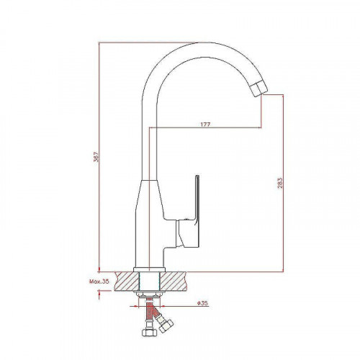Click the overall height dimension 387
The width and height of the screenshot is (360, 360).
point(96,157)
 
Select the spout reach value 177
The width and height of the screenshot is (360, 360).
point(205,125)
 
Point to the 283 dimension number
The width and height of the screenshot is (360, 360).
point(280,183)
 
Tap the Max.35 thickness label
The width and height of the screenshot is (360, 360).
point(99,282)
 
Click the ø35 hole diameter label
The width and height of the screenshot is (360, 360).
point(202,303)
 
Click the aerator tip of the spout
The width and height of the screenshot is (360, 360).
point(258,89)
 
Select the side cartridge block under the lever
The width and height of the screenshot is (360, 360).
point(187,233)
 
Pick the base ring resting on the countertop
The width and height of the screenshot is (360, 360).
point(150,269)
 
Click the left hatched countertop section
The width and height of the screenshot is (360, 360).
point(127,281)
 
